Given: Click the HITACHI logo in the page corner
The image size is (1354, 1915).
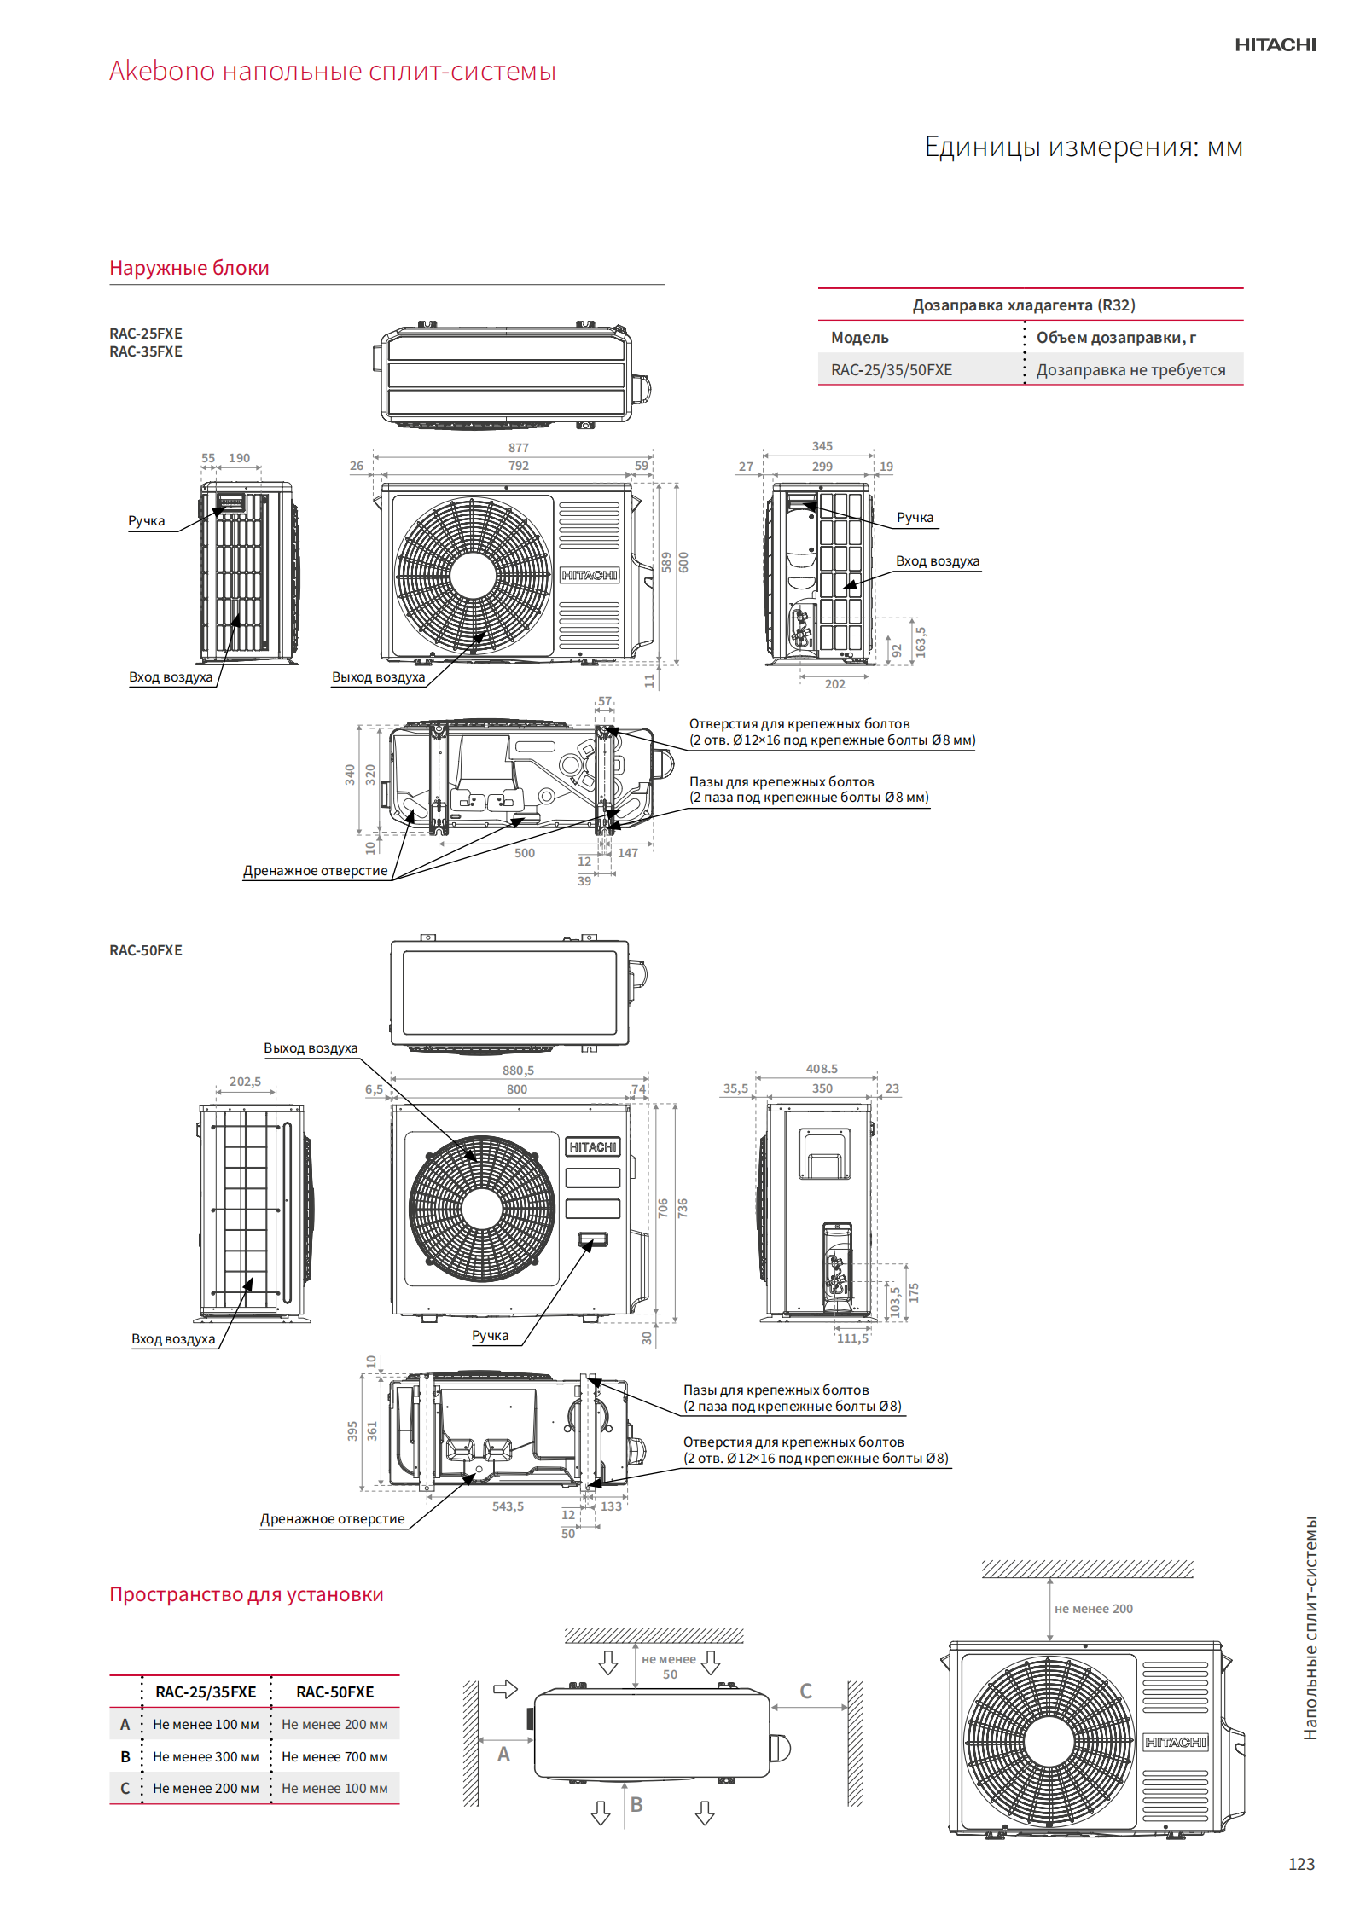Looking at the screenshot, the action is click(x=1275, y=45).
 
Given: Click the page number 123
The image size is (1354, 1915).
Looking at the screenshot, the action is click(x=1301, y=1864).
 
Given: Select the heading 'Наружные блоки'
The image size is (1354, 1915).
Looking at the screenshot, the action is click(x=189, y=268).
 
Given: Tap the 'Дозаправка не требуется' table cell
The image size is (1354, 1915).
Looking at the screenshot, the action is click(x=1130, y=370).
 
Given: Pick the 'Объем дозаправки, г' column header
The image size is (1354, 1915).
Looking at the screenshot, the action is click(x=1116, y=338).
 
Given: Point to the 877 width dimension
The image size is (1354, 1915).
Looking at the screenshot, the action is click(x=519, y=448).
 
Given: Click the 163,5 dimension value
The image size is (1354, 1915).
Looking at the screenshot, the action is click(x=921, y=641).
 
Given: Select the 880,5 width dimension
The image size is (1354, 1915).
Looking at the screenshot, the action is click(x=518, y=1071).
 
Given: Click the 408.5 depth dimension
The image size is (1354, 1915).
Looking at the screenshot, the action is click(x=822, y=1069).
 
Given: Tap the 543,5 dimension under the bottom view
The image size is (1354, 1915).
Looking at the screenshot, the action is click(x=508, y=1506).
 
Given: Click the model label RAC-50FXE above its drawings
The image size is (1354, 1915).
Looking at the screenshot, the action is click(x=146, y=950).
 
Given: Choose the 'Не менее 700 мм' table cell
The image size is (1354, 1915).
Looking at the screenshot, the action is click(x=334, y=1757).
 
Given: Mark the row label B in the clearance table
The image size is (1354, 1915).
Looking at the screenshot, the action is click(x=125, y=1757).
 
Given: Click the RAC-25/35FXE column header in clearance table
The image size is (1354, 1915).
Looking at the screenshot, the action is click(x=206, y=1692).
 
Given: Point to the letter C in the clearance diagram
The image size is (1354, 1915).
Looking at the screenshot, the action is click(x=805, y=1692).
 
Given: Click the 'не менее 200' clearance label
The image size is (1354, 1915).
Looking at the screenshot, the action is click(x=1094, y=1609).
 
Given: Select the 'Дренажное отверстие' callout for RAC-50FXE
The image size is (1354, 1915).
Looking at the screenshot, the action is click(x=333, y=1519).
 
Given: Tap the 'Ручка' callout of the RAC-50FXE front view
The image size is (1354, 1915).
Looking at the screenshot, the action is click(x=490, y=1336).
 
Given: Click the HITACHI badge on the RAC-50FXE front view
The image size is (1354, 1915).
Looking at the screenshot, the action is click(x=593, y=1147).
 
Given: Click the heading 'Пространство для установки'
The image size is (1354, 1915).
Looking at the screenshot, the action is click(x=247, y=1594).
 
